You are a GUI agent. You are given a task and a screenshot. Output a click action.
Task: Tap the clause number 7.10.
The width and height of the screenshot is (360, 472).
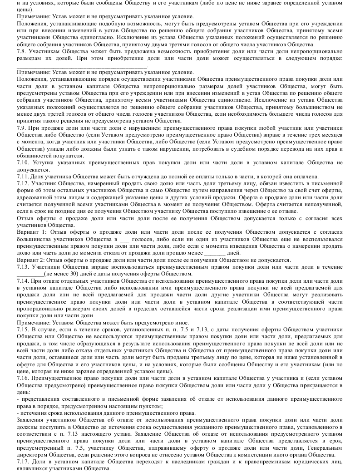23,163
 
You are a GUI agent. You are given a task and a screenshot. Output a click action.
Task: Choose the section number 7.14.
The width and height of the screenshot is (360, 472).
23,281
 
